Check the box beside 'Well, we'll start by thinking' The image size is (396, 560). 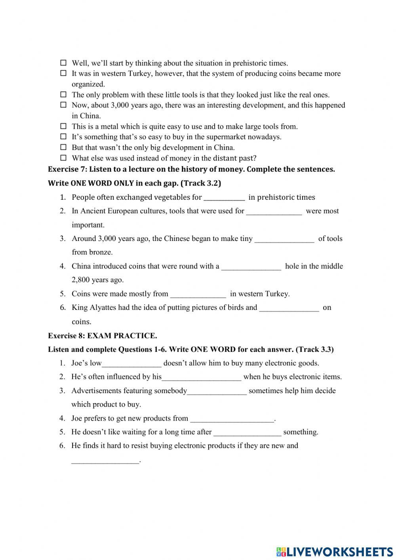coord(63,63)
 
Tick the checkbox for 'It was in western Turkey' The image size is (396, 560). coord(63,73)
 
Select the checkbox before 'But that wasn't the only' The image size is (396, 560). coord(63,147)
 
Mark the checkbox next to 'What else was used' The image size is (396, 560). coord(63,158)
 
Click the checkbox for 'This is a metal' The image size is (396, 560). coord(63,126)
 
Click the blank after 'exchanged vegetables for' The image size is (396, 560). coord(224,197)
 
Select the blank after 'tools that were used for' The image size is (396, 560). coord(274,211)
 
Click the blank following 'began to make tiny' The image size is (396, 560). coord(284,239)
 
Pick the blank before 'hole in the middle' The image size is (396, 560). coord(251,266)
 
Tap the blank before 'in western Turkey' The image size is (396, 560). coord(198,294)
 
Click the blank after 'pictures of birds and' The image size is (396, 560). coord(289,308)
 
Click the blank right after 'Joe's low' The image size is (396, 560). coord(131,363)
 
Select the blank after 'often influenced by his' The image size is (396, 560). coord(202,377)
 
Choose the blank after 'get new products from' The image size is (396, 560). coord(232,419)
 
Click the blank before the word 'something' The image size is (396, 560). coord(247,432)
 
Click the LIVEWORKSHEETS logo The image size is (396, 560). coord(335,551)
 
